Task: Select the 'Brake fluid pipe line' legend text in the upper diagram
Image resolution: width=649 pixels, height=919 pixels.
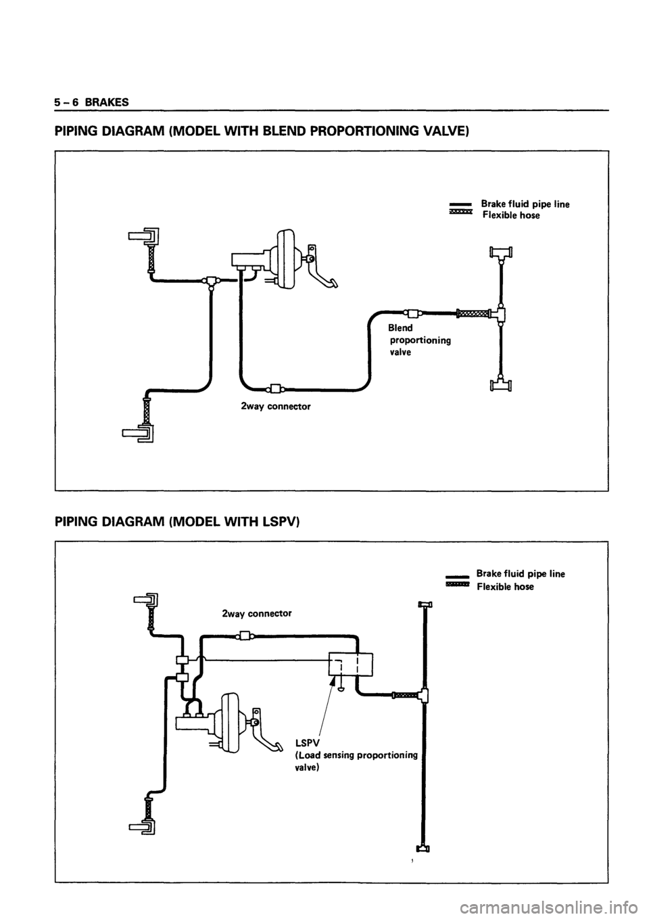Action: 525,204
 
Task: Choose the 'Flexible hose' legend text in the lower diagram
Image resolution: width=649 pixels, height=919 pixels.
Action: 505,587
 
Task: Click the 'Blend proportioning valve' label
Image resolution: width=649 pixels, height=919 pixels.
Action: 418,340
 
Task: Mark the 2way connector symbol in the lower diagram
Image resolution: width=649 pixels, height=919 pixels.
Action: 244,636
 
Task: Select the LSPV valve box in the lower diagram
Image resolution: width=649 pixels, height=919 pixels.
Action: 351,665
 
